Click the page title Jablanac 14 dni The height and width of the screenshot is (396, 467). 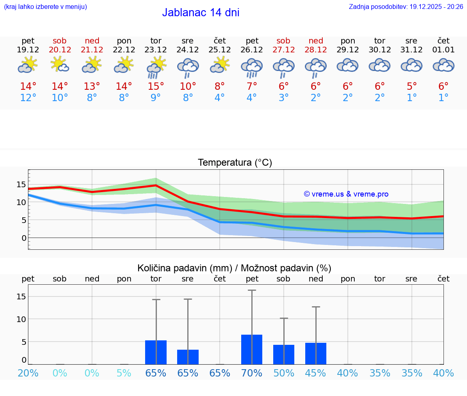click(201, 13)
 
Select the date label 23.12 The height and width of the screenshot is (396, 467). click(156, 50)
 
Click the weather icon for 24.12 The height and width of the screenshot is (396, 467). click(188, 67)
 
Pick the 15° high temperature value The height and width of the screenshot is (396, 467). click(156, 87)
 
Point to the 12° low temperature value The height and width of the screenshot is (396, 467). click(28, 98)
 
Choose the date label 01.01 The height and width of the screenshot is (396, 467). click(443, 50)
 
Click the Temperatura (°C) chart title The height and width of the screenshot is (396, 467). click(235, 163)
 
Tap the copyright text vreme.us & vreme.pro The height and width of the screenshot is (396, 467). click(346, 194)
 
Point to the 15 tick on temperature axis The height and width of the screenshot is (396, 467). click(21, 184)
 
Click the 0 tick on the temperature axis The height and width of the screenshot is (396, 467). click(24, 238)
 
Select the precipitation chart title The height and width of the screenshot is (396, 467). click(234, 268)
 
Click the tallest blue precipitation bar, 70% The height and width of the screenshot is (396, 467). click(252, 349)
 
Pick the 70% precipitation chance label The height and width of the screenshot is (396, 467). click(252, 373)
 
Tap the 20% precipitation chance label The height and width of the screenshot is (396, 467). click(28, 373)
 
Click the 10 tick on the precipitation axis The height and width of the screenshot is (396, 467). click(21, 319)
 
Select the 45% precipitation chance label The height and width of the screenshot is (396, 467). click(316, 373)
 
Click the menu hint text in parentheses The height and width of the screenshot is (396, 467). click(45, 7)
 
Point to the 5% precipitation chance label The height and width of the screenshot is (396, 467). click(124, 373)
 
